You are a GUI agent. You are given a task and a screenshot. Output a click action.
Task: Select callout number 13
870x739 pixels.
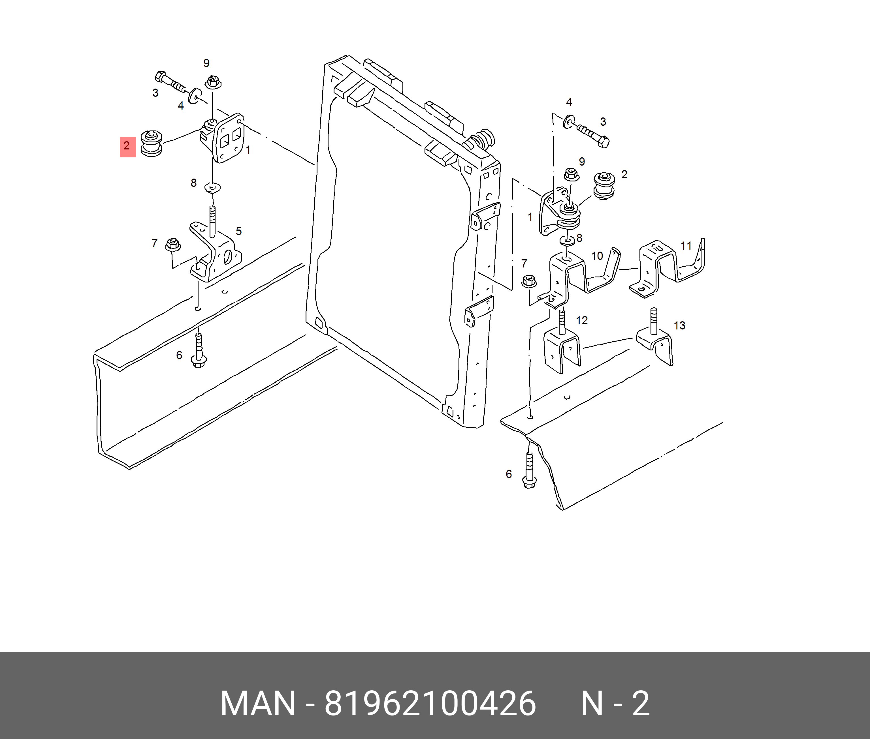[x=679, y=325]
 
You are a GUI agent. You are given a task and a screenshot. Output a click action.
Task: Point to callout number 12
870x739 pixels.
[x=582, y=320]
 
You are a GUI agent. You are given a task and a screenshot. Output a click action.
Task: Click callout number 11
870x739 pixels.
[x=686, y=245]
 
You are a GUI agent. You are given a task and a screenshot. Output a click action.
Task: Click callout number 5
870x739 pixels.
[x=238, y=231]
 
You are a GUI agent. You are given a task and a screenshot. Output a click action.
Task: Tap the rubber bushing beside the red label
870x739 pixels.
[x=151, y=144]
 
